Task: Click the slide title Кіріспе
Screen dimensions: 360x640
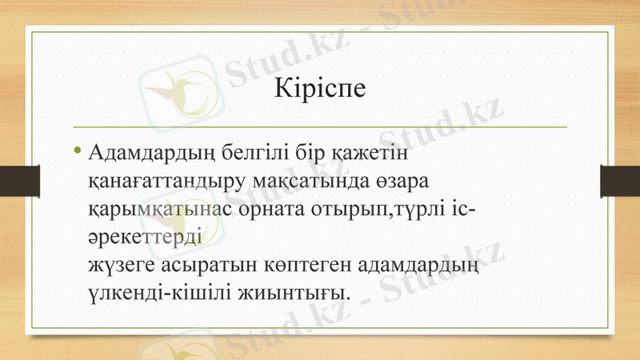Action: pos(320,86)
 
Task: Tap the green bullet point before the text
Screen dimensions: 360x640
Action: pos(76,150)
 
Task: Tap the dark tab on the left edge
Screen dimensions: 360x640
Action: pos(20,179)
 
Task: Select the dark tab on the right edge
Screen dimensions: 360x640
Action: pos(620,179)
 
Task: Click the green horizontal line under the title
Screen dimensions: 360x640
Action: pos(320,126)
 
